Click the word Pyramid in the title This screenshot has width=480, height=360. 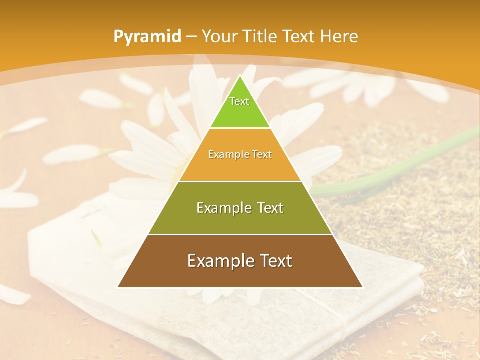pyautogui.click(x=147, y=36)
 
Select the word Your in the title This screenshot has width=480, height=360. pyautogui.click(x=220, y=36)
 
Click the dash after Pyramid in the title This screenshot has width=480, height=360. pyautogui.click(x=191, y=37)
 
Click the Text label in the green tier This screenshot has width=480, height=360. pyautogui.click(x=239, y=101)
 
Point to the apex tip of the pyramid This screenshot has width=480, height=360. pyautogui.click(x=240, y=76)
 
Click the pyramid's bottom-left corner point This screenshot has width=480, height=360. pyautogui.click(x=118, y=287)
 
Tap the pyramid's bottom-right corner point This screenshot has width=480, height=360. pyautogui.click(x=362, y=287)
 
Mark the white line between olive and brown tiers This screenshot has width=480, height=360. pyautogui.click(x=240, y=234)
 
